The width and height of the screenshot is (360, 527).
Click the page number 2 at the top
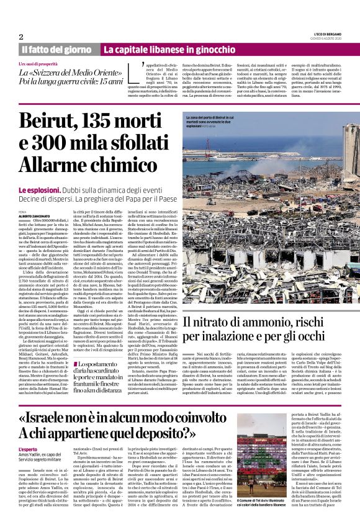point(21,37)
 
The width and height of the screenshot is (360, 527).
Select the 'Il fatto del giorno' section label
point(57,49)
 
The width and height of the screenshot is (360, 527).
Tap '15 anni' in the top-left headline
point(107,81)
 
